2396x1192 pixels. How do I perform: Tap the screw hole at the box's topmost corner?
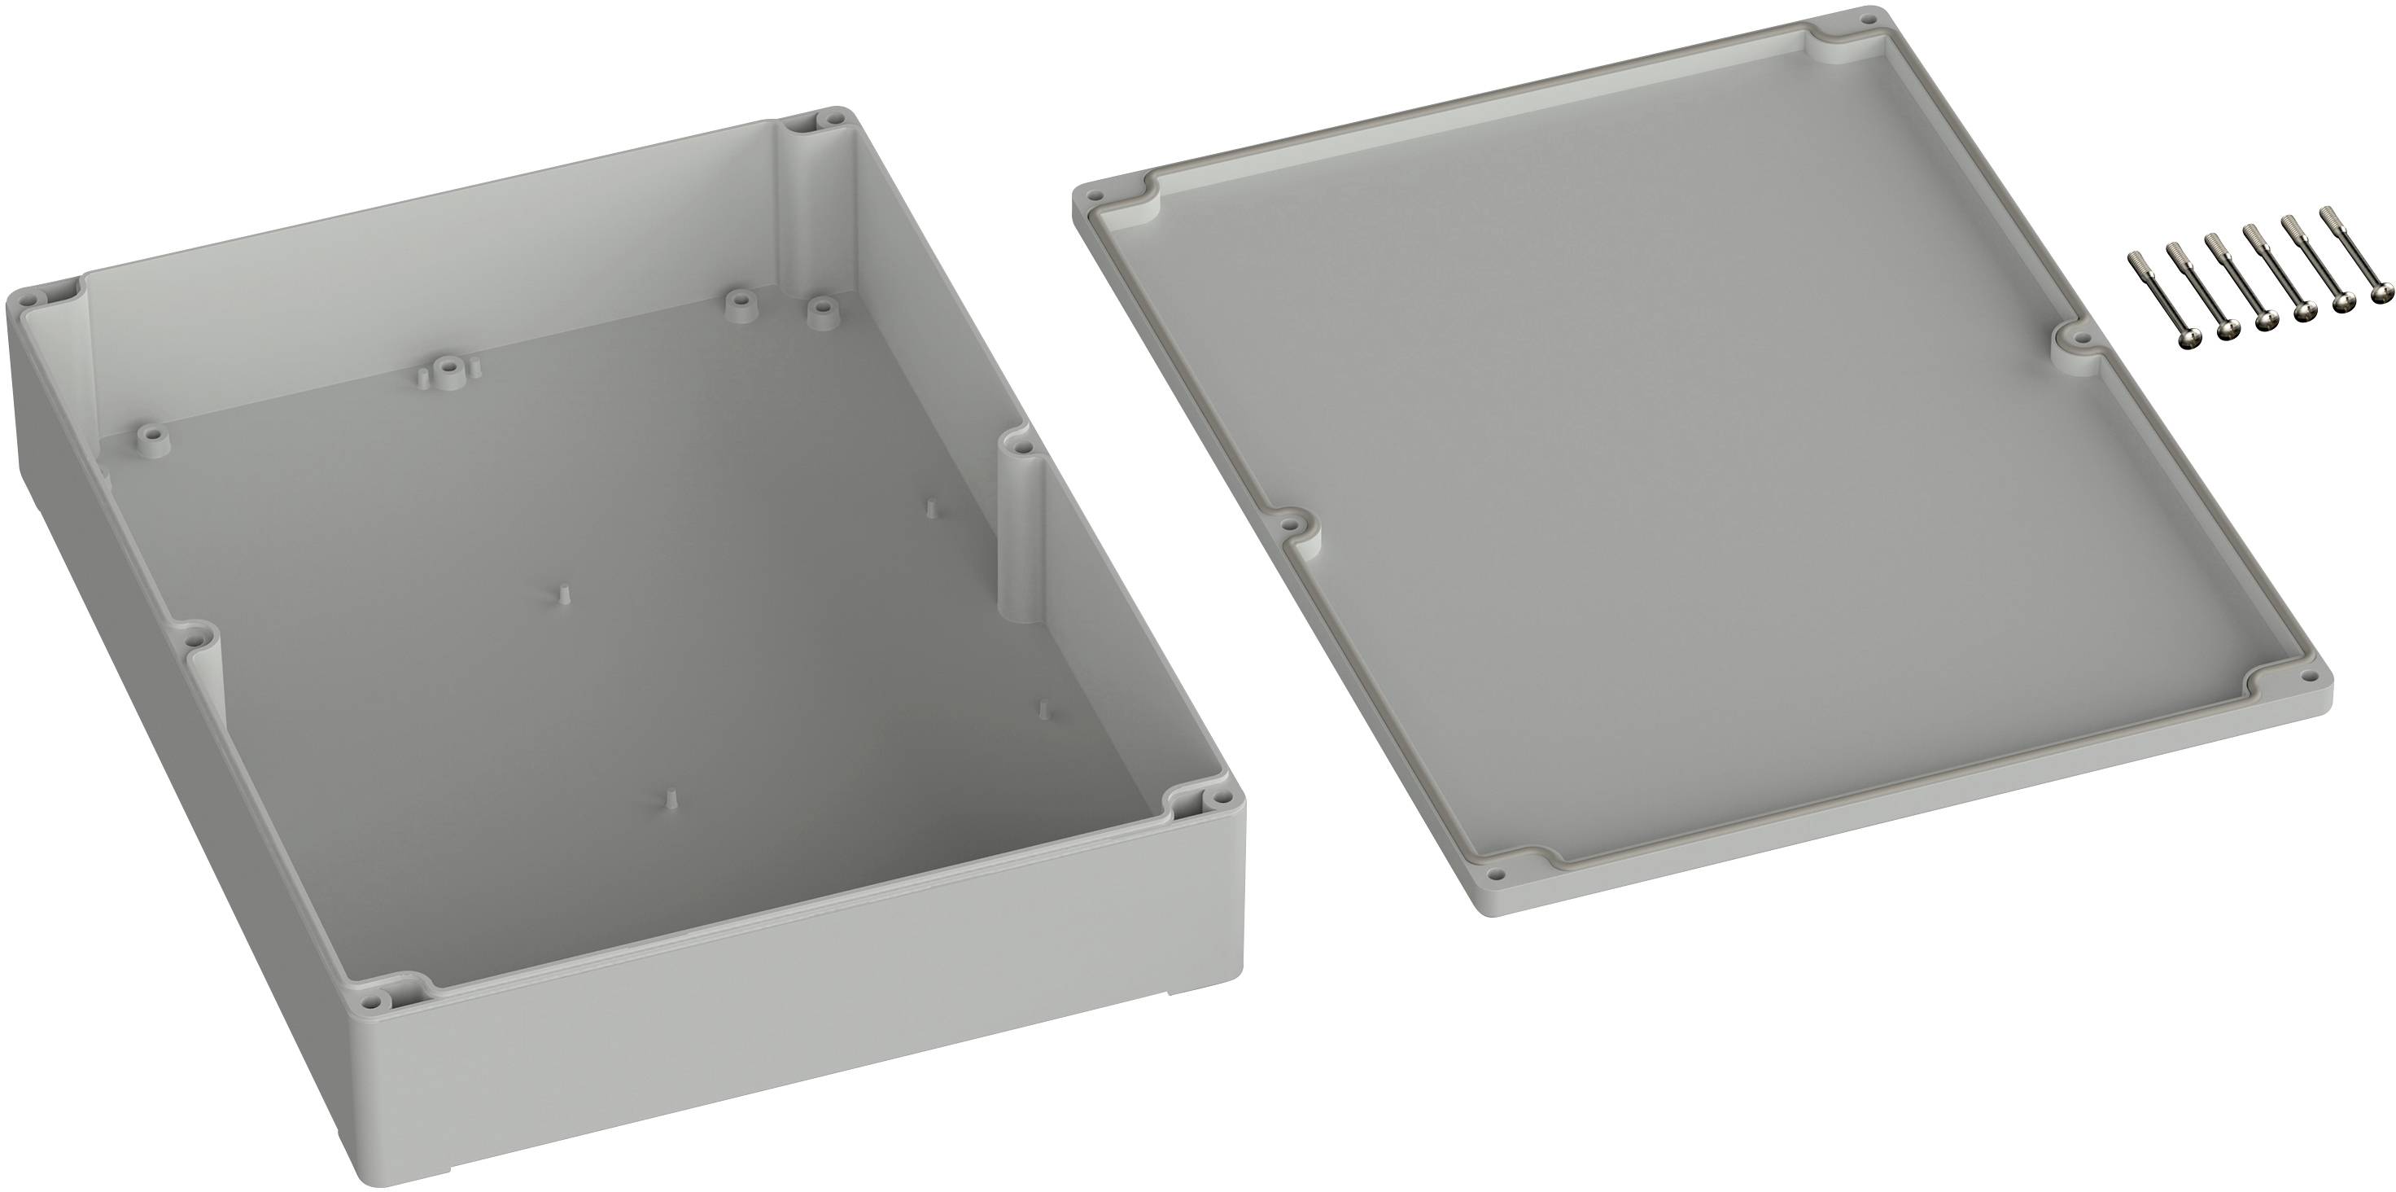tap(826, 144)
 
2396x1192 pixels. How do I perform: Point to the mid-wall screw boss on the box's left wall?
tap(195, 639)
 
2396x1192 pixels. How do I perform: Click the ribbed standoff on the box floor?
tap(448, 366)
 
